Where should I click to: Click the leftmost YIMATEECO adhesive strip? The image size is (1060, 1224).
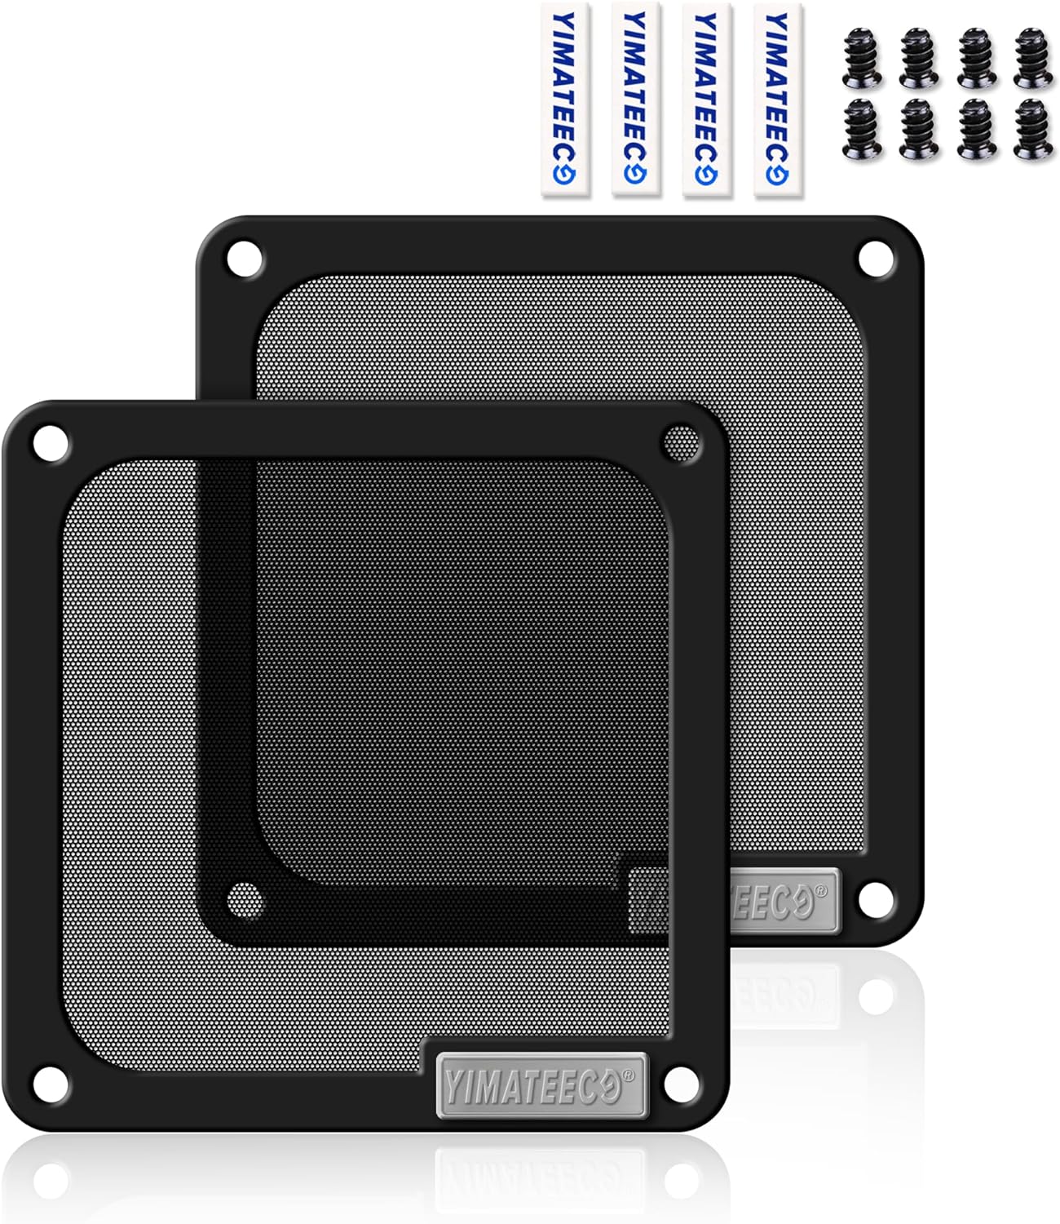pyautogui.click(x=565, y=100)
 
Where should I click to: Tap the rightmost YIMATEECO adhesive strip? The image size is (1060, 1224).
pyautogui.click(x=777, y=100)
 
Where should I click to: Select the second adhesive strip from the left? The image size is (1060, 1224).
pyautogui.click(x=635, y=100)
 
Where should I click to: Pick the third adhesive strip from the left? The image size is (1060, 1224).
pyautogui.click(x=706, y=100)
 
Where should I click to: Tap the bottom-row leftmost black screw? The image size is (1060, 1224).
pyautogui.click(x=861, y=129)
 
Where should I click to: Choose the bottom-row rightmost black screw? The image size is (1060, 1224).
pyautogui.click(x=1033, y=129)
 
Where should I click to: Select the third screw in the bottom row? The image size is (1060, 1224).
pyautogui.click(x=976, y=129)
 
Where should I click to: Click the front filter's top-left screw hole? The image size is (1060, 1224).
pyautogui.click(x=50, y=445)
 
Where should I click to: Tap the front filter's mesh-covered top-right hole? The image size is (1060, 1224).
pyautogui.click(x=681, y=443)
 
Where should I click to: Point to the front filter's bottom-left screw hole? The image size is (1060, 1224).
pyautogui.click(x=50, y=1083)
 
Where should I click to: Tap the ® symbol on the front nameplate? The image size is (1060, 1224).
pyautogui.click(x=628, y=1075)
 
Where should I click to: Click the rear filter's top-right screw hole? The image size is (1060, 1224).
pyautogui.click(x=875, y=257)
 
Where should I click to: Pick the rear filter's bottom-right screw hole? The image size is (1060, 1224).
pyautogui.click(x=875, y=898)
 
